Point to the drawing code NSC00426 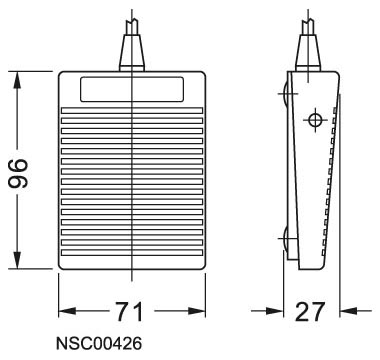click(98, 345)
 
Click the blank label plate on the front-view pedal click(131, 91)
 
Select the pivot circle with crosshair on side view click(315, 122)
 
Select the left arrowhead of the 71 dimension click(66, 312)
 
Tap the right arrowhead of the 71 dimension click(197, 312)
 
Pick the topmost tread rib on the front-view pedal click(131, 111)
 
